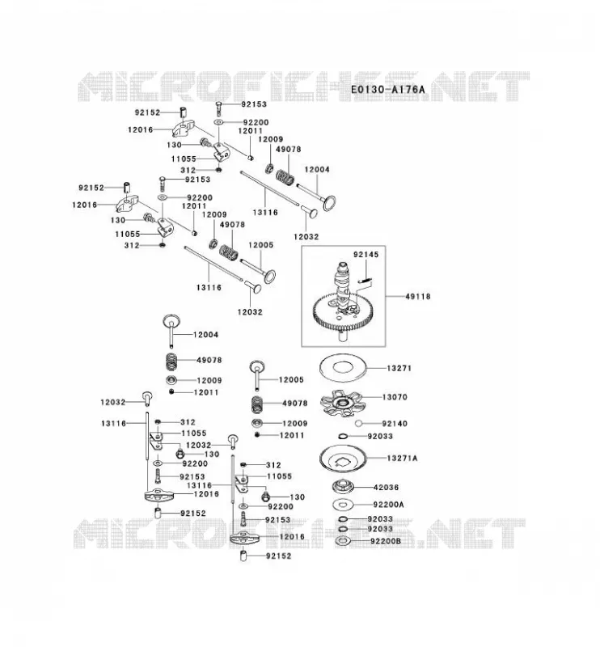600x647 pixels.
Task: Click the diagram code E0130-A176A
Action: tap(387, 89)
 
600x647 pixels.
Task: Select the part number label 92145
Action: tap(365, 255)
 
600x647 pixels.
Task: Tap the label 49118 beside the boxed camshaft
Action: tap(417, 296)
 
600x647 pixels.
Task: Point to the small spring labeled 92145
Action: tap(365, 281)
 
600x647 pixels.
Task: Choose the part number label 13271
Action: tap(399, 368)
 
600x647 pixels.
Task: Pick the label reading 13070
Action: tap(395, 397)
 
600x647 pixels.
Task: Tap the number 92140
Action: tap(395, 423)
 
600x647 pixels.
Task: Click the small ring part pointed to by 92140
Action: tap(358, 423)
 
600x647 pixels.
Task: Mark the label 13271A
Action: tap(402, 458)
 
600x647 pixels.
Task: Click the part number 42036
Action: tap(386, 488)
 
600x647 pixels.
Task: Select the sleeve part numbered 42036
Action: tap(343, 487)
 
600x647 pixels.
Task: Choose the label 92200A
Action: tap(388, 504)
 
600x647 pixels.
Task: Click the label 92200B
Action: tap(386, 540)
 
